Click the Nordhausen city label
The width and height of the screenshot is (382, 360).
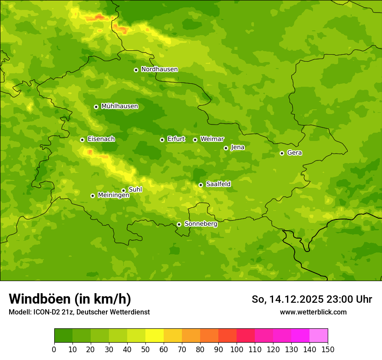tap(159, 69)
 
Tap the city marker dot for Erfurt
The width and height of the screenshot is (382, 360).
tap(162, 140)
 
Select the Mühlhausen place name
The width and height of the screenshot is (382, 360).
tap(119, 106)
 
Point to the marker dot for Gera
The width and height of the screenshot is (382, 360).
tap(282, 153)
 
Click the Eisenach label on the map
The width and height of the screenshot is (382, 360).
tap(101, 139)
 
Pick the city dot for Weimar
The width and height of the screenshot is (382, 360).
tap(195, 140)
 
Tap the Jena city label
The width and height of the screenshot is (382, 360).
tap(237, 147)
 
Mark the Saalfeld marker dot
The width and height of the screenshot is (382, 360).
tap(201, 185)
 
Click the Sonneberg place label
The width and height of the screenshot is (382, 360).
tap(201, 224)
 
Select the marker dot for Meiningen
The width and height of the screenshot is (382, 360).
tap(92, 196)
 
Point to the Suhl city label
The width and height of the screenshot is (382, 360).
tap(135, 190)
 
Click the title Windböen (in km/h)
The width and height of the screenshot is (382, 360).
tap(70, 299)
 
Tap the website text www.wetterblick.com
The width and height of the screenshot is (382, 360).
tap(313, 312)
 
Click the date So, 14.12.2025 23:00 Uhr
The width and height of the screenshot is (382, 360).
tap(312, 299)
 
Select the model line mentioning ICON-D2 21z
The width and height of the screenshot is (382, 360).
tap(79, 312)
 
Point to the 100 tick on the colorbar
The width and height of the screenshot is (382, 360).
tap(237, 349)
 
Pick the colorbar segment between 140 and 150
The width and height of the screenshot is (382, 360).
tap(319, 336)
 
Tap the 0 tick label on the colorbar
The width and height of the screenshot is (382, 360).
tap(54, 349)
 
